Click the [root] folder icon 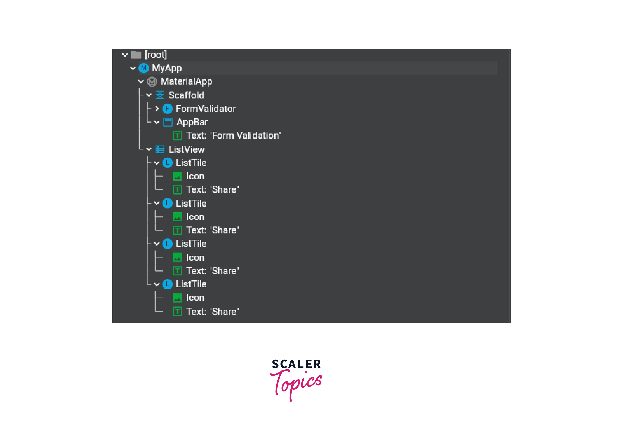click(x=136, y=55)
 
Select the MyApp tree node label click(x=167, y=68)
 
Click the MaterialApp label click(x=186, y=81)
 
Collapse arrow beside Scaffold click(x=149, y=95)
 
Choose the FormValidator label click(x=206, y=109)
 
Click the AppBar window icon click(x=168, y=122)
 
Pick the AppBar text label click(x=192, y=122)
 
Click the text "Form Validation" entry click(x=234, y=135)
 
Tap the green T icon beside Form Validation click(x=177, y=136)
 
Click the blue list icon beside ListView click(x=160, y=149)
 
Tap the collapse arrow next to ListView click(x=149, y=149)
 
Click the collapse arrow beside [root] click(x=125, y=55)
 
